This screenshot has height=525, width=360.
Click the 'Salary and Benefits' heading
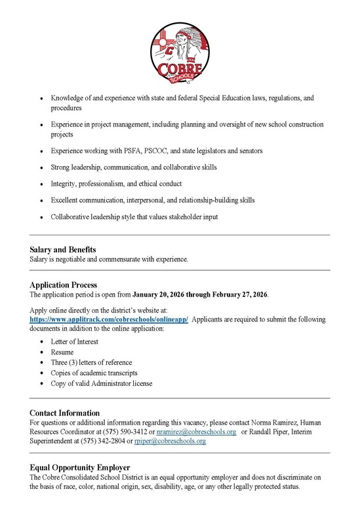pos(63,250)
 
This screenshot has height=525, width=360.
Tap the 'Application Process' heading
pos(64,285)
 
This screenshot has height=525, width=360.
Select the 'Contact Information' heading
pos(65,413)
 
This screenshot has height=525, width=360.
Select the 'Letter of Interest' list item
pos(74,342)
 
